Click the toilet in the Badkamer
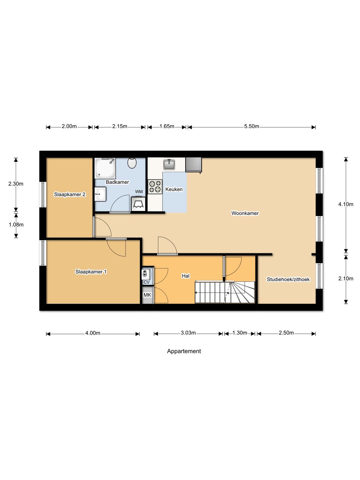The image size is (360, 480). (x=132, y=163)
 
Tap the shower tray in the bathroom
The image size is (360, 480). (x=105, y=168)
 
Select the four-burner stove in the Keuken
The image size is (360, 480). (x=155, y=187)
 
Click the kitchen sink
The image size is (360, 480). (x=169, y=164)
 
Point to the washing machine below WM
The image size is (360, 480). (x=138, y=204)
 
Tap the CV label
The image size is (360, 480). (x=147, y=282)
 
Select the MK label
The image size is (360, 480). (x=147, y=295)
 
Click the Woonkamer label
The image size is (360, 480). (x=245, y=213)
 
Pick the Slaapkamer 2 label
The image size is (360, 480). (x=70, y=194)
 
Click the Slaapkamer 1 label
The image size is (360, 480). (x=91, y=272)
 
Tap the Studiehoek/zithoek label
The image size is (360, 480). (x=288, y=279)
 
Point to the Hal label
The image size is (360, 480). (x=186, y=276)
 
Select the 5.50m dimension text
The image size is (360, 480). (x=251, y=126)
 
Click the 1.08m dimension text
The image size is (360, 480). (x=16, y=225)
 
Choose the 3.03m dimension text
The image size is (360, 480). (x=188, y=333)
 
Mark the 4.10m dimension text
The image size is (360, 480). (x=346, y=204)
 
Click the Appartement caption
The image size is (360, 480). (x=184, y=351)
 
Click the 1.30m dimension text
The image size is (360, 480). (x=240, y=333)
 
